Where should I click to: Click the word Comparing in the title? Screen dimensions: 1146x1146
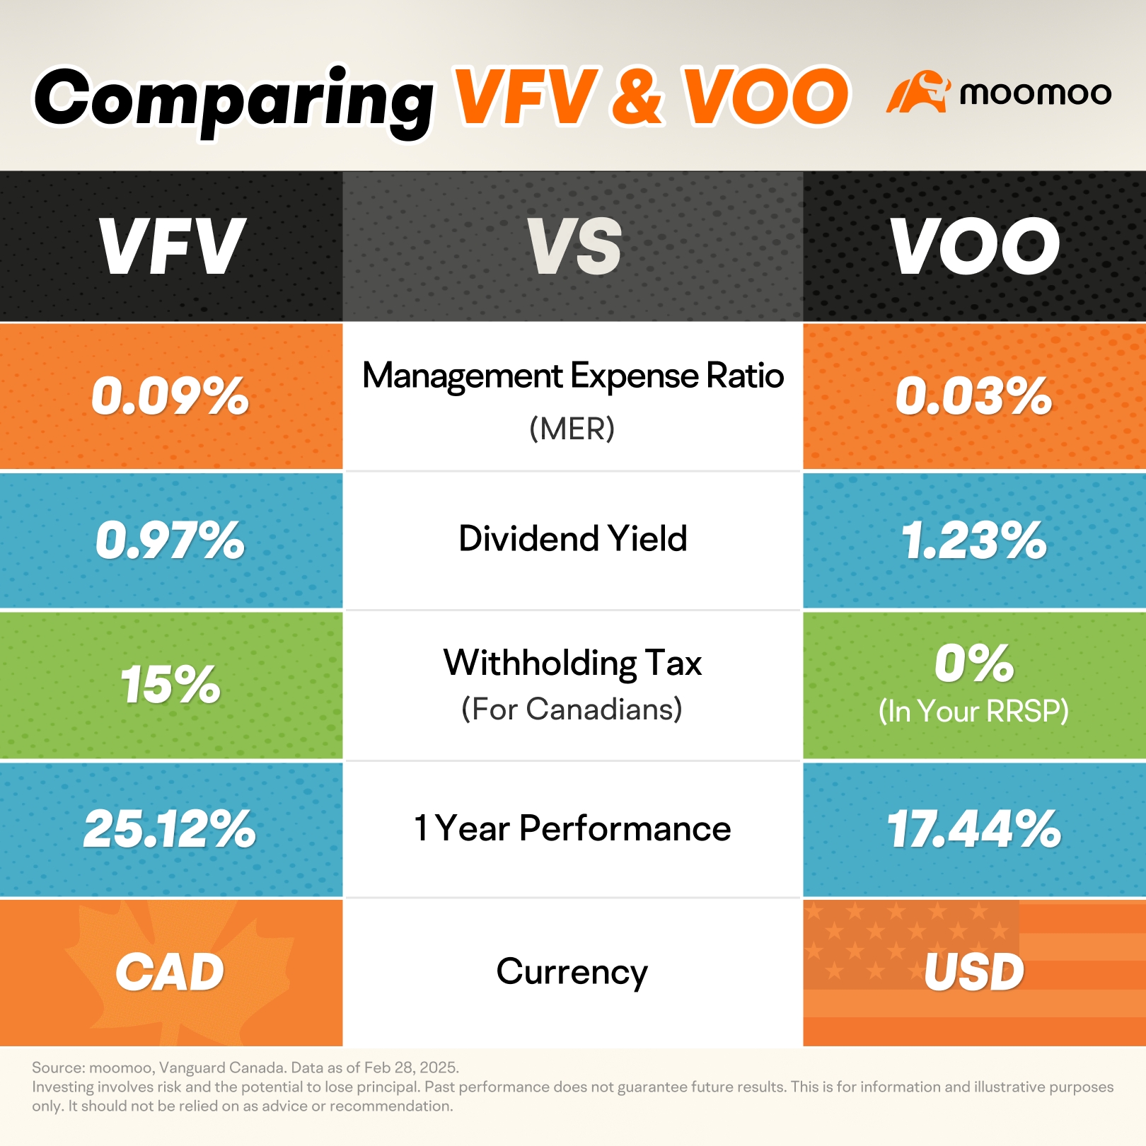click(233, 99)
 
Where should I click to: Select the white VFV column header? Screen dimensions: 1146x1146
click(171, 246)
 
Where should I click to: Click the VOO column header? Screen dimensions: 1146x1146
click(975, 246)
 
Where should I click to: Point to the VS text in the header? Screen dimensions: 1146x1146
click(574, 246)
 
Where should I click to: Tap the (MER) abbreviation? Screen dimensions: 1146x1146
click(572, 429)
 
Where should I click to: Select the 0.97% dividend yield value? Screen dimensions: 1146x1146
click(170, 540)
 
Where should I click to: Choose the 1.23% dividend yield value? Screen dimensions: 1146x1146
click(974, 540)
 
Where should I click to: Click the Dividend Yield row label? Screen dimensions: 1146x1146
click(572, 538)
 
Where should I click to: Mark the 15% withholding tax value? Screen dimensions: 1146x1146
click(170, 685)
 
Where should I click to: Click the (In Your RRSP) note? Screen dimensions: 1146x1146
click(973, 712)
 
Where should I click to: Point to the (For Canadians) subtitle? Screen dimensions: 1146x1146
click(572, 709)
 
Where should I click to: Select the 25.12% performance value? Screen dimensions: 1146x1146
click(170, 829)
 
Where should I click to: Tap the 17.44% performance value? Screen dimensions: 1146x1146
click(974, 829)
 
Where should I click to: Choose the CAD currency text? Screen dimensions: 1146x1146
click(170, 973)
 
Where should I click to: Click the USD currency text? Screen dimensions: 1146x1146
click(974, 973)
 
